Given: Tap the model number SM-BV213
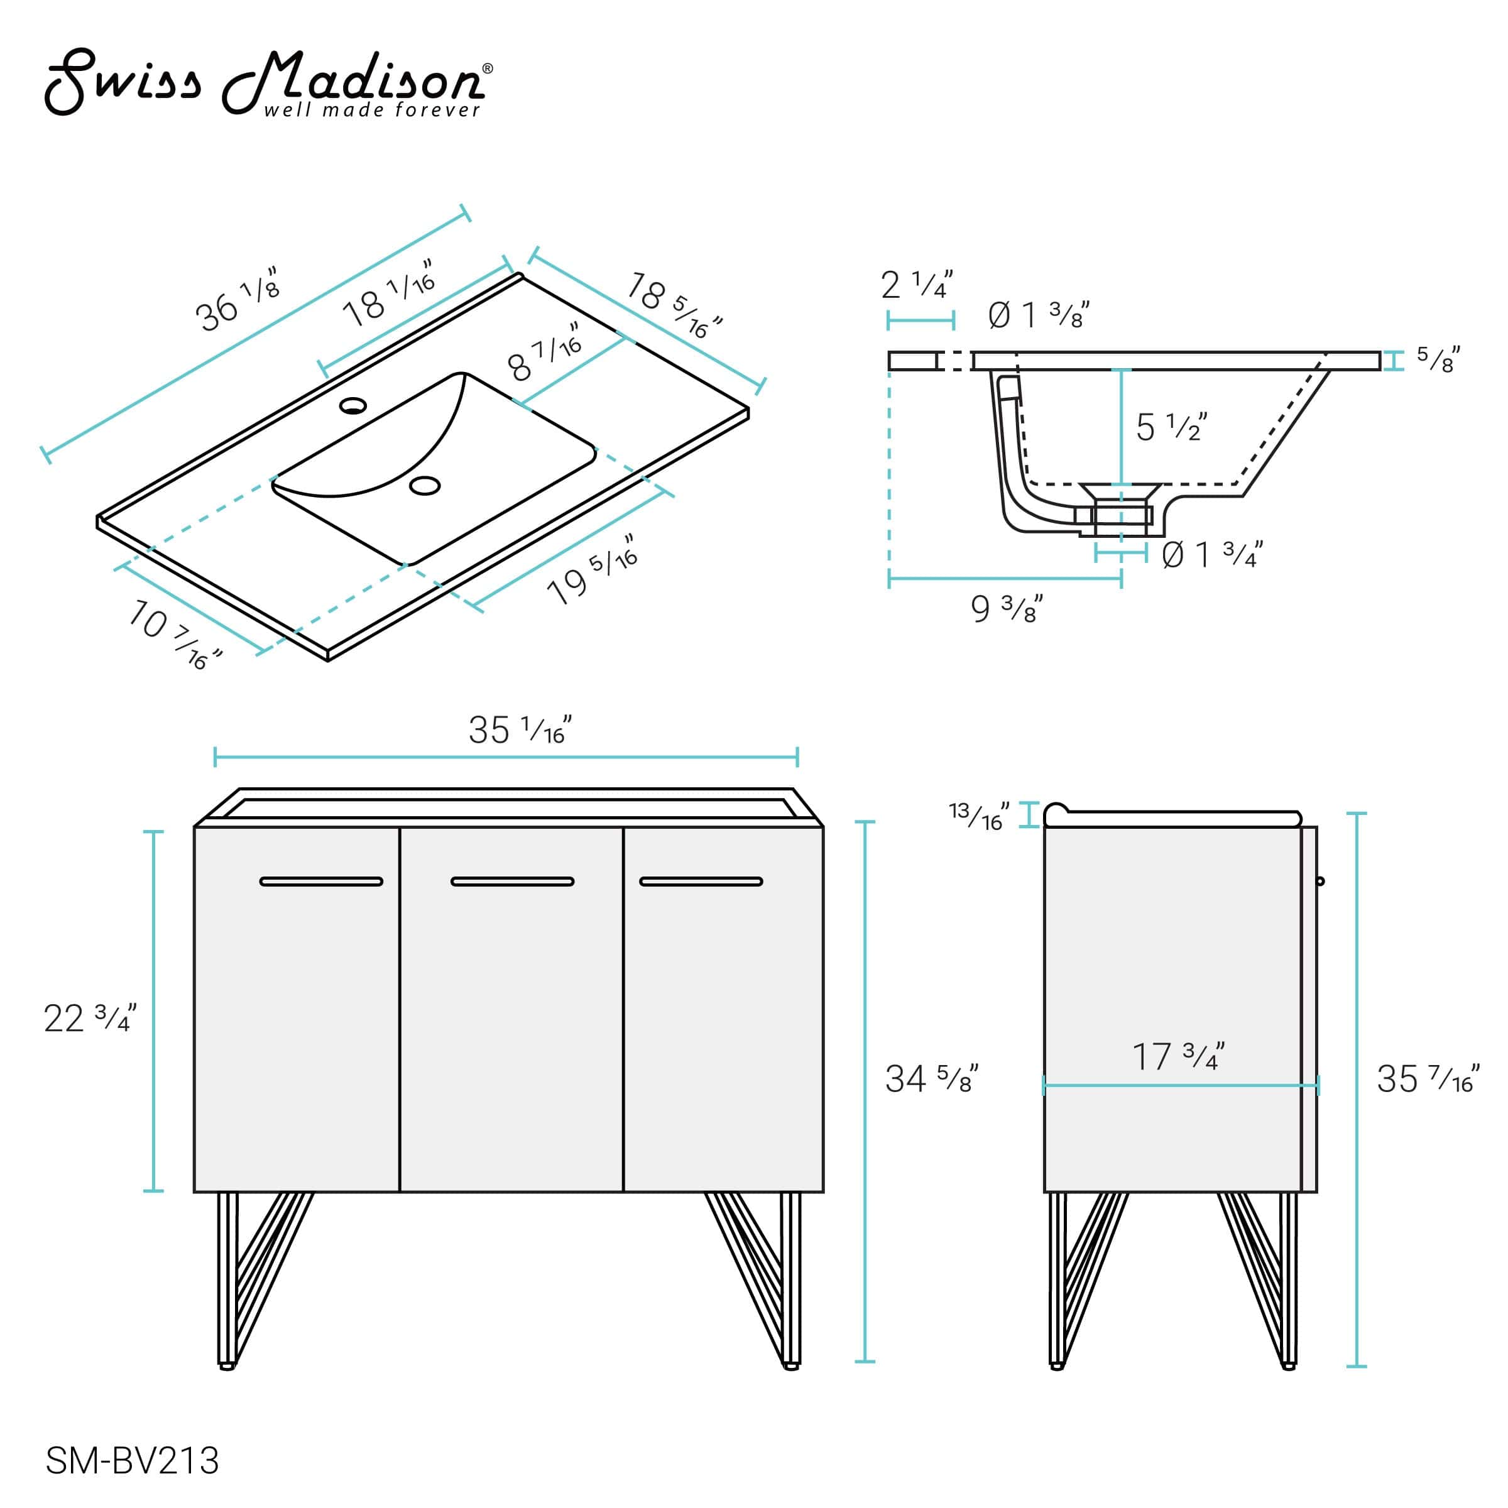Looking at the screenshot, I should coord(133,1460).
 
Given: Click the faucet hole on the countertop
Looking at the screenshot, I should coord(352,405).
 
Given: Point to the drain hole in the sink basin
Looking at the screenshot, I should coord(425,486).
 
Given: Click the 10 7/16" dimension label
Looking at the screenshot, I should coord(173,634).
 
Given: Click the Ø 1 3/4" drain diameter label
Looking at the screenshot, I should coord(1211,555).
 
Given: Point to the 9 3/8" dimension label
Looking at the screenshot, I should coord(1006,608).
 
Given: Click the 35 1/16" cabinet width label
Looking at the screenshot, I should coord(520,729).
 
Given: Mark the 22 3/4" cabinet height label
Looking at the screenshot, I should coord(90,1018).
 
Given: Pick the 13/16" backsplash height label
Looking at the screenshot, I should coord(979,816).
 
